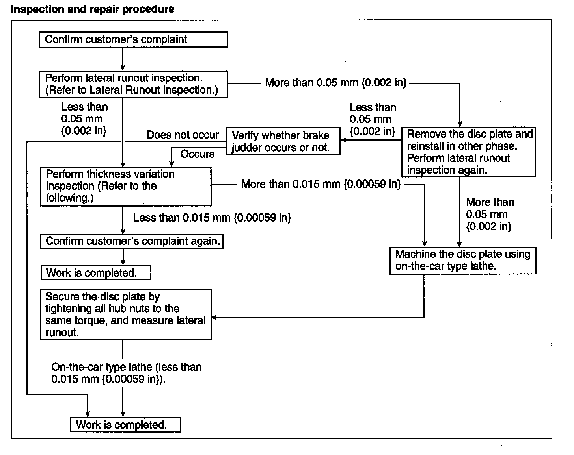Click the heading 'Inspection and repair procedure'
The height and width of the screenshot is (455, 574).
93,9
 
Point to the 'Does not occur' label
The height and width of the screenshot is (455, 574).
183,135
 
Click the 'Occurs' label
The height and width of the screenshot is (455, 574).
197,154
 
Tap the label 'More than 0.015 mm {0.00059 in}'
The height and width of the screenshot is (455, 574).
321,184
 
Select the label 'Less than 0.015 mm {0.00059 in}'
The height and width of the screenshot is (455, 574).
212,218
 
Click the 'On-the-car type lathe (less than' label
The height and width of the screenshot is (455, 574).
127,367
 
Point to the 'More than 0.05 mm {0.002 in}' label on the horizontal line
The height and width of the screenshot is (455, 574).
335,83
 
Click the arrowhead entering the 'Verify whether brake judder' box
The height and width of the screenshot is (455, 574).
343,140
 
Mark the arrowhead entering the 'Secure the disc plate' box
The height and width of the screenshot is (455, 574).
214,317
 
